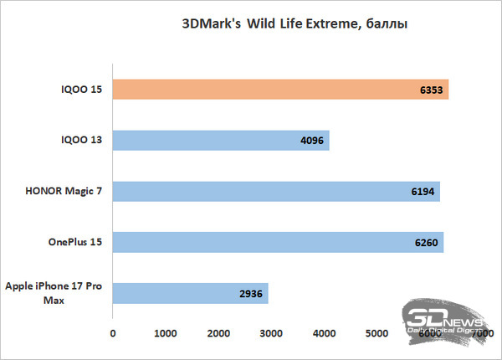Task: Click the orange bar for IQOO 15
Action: pos(280,90)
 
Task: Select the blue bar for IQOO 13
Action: pos(221,141)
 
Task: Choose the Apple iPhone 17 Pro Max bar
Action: pos(190,294)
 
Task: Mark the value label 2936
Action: pos(253,294)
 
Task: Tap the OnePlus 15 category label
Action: pos(74,243)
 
